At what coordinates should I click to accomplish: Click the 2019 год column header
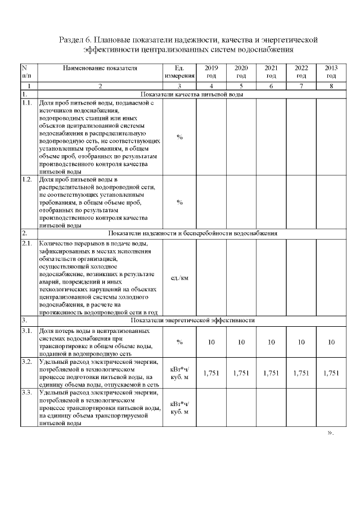211,71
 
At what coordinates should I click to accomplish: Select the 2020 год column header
241,71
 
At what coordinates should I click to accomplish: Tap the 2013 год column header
331,71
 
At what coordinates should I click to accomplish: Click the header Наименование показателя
100,67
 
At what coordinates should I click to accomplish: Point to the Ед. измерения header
179,71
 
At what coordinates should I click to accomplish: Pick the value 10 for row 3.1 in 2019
211,341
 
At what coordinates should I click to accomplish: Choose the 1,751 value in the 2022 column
301,372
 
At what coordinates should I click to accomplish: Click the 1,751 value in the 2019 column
211,372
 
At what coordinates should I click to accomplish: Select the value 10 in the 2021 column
271,341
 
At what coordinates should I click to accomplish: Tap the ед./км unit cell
179,278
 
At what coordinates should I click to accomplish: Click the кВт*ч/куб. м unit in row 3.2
179,372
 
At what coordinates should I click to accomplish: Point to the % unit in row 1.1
179,137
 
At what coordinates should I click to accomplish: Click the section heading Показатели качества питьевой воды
192,95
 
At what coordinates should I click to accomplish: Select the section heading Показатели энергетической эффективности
192,320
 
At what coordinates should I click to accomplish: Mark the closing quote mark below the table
330,433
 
